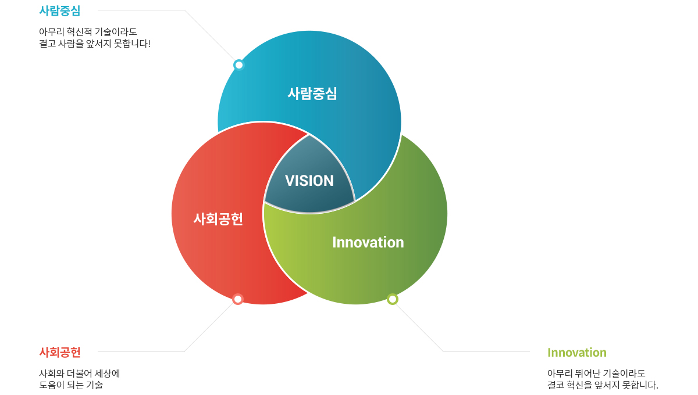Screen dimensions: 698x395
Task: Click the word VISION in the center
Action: (309, 181)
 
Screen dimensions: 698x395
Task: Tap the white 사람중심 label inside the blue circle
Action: (312, 94)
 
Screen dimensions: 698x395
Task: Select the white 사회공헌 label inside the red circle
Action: (218, 219)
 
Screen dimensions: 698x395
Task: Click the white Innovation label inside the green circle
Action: (368, 242)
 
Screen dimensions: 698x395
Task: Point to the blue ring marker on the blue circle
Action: (238, 65)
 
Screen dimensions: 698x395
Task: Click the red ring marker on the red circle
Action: (238, 299)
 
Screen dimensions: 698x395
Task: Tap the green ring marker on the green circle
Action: (392, 299)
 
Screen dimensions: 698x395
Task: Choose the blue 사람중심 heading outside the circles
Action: (60, 11)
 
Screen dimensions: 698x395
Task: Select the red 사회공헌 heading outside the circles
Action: (60, 353)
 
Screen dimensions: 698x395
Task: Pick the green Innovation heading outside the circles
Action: (577, 353)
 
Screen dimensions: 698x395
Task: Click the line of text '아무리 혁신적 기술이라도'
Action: (88, 32)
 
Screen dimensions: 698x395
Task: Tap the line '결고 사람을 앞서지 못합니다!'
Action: (95, 44)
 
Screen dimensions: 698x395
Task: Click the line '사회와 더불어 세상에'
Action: (80, 373)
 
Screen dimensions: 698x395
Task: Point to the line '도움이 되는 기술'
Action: (71, 385)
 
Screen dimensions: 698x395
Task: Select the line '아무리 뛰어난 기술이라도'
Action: (596, 373)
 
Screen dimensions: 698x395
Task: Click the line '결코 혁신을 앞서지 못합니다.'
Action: (603, 385)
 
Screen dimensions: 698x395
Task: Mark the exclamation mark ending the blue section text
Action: (149, 44)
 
